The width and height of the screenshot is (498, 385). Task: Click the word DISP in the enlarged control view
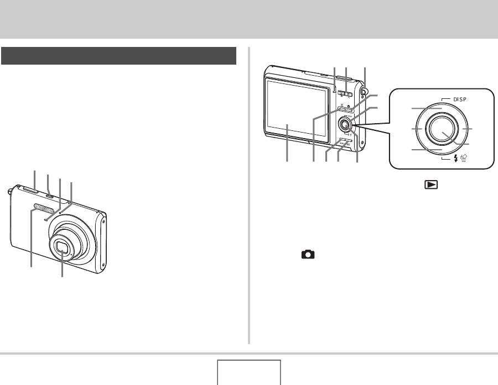point(460,99)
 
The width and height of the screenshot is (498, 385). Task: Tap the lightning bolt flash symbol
point(456,158)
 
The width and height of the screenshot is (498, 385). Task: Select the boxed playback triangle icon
point(431,184)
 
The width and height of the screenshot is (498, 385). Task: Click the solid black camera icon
point(308,254)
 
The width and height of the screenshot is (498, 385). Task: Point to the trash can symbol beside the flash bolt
point(463,158)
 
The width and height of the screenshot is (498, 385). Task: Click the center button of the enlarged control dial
point(443,129)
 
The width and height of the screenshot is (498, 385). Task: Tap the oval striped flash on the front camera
point(43,208)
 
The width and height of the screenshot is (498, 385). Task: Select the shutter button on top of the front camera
point(31,189)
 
